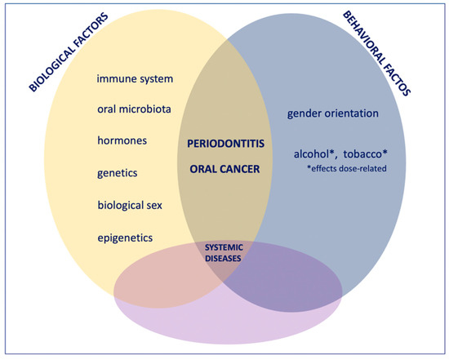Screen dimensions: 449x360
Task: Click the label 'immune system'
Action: (135, 79)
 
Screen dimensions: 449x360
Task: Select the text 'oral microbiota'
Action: (135, 109)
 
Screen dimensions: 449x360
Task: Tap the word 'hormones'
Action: (122, 140)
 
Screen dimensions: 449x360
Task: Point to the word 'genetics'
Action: (118, 173)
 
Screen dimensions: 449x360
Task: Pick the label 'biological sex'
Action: (130, 206)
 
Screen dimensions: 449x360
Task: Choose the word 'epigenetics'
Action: (125, 238)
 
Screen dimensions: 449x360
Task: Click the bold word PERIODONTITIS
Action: (225, 144)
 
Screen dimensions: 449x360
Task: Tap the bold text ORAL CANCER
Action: (224, 169)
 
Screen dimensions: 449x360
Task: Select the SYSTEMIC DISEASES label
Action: (224, 253)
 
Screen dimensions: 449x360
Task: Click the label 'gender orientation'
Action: (333, 113)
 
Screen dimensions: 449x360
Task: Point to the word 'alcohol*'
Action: (314, 154)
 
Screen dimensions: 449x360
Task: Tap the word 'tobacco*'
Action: (366, 154)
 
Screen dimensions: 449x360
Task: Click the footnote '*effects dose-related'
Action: (347, 168)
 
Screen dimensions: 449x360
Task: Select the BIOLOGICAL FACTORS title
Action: (69, 52)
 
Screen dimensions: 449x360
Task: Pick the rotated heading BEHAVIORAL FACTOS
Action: (377, 53)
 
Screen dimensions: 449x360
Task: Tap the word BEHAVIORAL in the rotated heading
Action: (364, 38)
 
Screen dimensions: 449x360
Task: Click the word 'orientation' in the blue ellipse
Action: (352, 113)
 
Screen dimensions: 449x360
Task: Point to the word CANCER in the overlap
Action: (241, 169)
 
